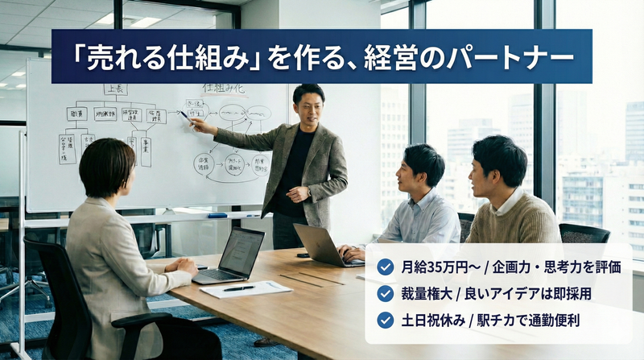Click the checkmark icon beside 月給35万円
(386, 267)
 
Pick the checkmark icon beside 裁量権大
(386, 293)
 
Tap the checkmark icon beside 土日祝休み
(386, 320)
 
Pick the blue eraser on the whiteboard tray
(217, 215)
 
